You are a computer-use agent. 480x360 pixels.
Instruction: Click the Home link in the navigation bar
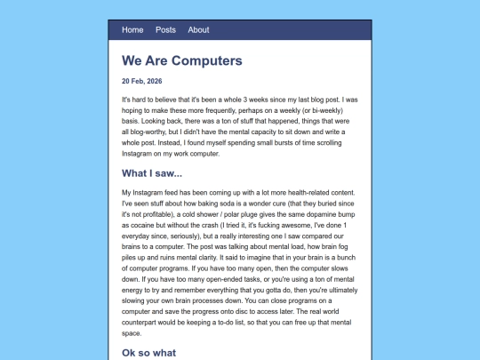[x=132, y=29]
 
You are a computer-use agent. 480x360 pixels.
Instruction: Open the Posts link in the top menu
[x=165, y=29]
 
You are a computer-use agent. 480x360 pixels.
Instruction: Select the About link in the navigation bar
[x=199, y=29]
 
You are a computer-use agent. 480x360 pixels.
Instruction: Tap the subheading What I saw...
[x=152, y=172]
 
